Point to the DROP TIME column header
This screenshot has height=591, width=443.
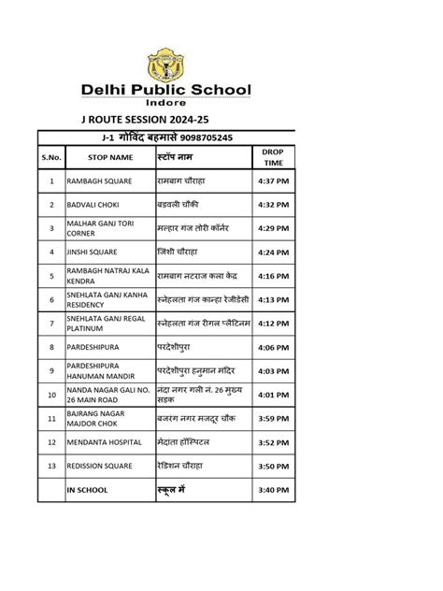[272, 156]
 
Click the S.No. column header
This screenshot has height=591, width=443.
[50, 157]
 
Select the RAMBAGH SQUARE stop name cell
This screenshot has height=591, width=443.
[99, 180]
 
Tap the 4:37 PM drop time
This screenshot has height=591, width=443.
[272, 180]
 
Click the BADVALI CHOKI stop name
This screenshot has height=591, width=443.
[93, 204]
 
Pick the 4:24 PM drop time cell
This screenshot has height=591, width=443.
[272, 252]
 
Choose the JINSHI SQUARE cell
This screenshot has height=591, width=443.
[92, 252]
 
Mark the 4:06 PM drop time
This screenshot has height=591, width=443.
[272, 347]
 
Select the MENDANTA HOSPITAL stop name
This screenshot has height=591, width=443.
[104, 441]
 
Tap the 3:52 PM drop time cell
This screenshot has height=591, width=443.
[272, 441]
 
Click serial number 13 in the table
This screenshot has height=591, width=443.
[51, 466]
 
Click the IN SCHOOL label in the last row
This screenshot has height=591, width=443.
[87, 489]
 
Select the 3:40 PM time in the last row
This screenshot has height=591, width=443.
[272, 489]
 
